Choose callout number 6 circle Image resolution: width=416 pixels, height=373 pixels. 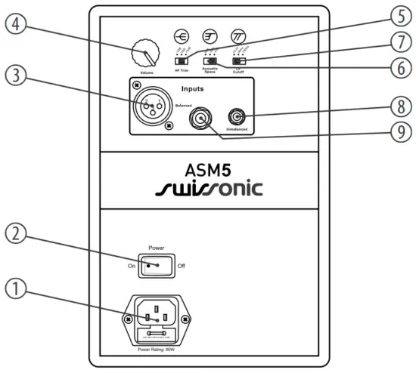click(399, 67)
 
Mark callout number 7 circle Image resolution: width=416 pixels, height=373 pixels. click(399, 41)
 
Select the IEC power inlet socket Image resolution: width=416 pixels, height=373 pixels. click(157, 310)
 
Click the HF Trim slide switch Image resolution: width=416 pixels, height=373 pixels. click(182, 60)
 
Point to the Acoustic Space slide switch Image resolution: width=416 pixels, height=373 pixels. click(211, 60)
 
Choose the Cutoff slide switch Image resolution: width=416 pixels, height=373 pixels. click(239, 60)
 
